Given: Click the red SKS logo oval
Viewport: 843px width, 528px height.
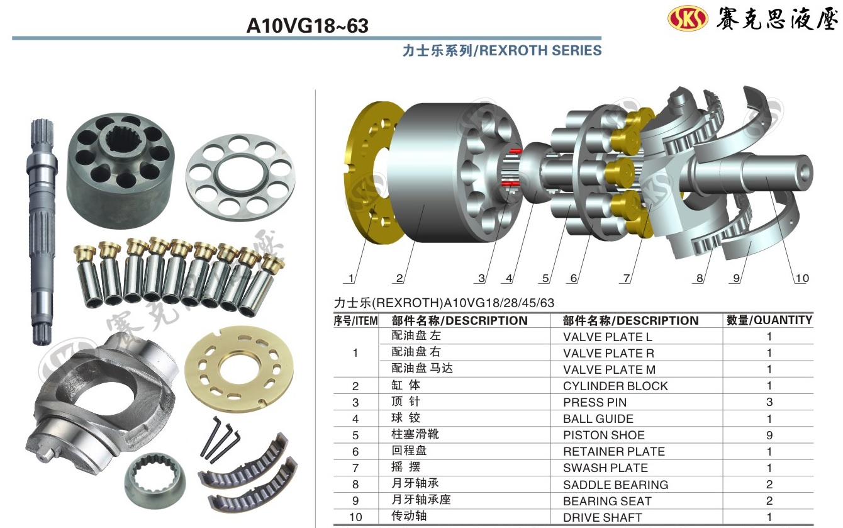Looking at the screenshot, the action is point(688,18).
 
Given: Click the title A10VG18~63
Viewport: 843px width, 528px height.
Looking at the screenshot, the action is point(307,26).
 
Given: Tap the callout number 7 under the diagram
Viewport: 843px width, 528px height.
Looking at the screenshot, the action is point(626,278).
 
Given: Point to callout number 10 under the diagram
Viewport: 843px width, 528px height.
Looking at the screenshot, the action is point(802,278).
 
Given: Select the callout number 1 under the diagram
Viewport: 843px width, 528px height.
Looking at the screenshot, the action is point(351,278).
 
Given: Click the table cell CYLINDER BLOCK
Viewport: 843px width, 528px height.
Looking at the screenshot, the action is point(615,386).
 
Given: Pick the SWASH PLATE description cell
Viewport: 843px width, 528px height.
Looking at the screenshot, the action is point(606,468).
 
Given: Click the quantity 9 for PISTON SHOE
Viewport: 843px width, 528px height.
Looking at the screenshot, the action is point(769,435).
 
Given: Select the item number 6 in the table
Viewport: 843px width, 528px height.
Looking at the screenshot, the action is point(355,452).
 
